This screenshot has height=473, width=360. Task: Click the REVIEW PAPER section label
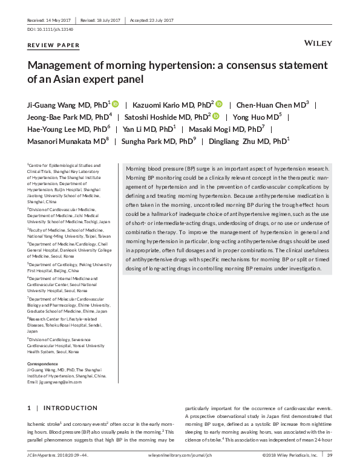(54, 45)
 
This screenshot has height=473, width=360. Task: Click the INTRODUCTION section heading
(70, 408)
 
